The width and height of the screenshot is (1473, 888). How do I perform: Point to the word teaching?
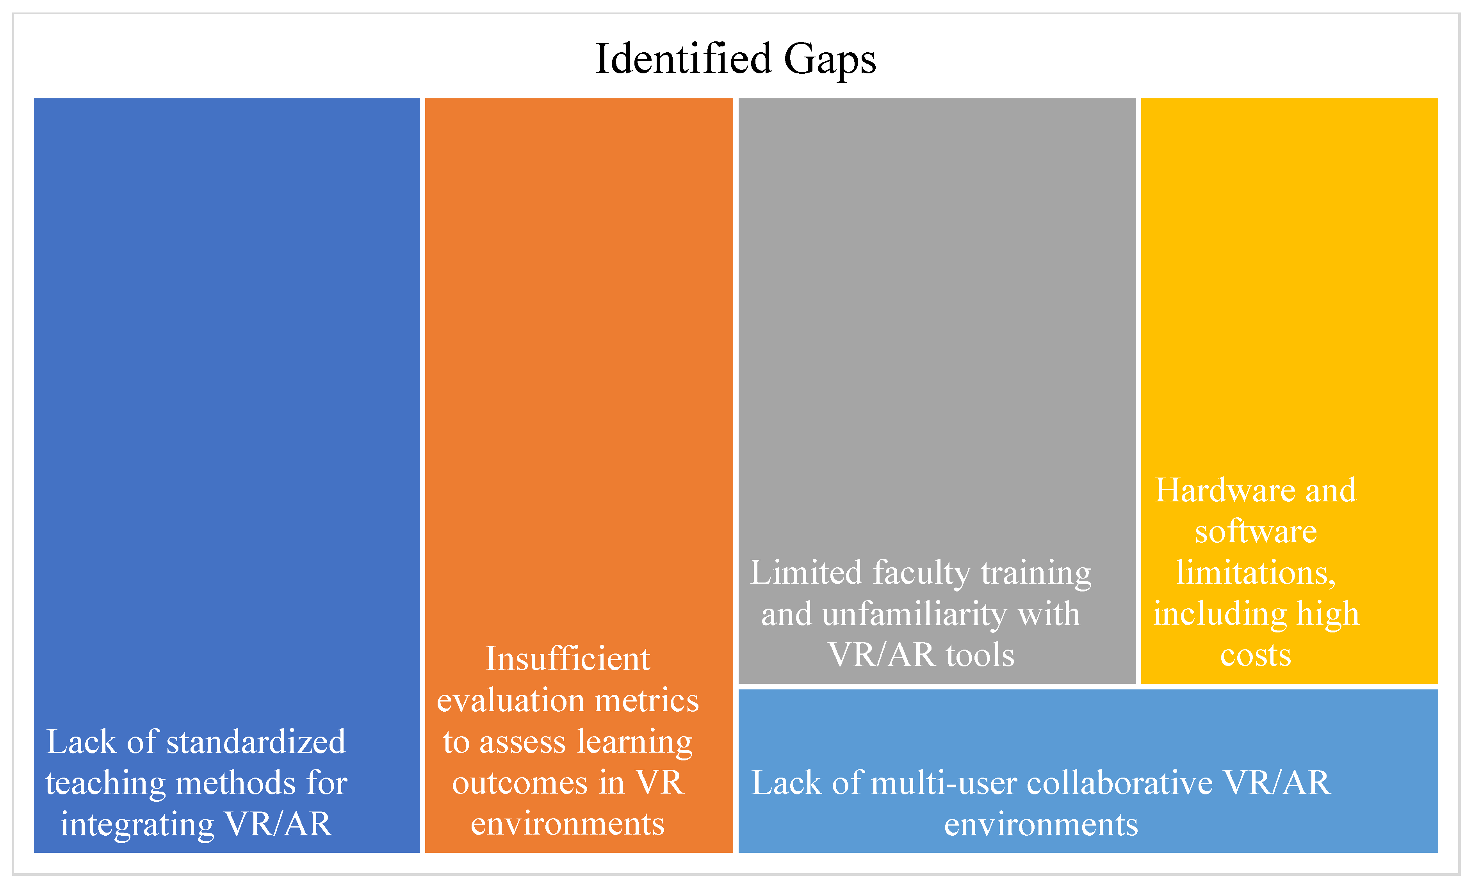click(x=105, y=783)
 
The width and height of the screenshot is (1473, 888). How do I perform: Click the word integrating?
click(x=137, y=825)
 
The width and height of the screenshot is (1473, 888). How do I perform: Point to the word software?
click(x=1256, y=532)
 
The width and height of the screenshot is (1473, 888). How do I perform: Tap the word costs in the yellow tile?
click(x=1256, y=655)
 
